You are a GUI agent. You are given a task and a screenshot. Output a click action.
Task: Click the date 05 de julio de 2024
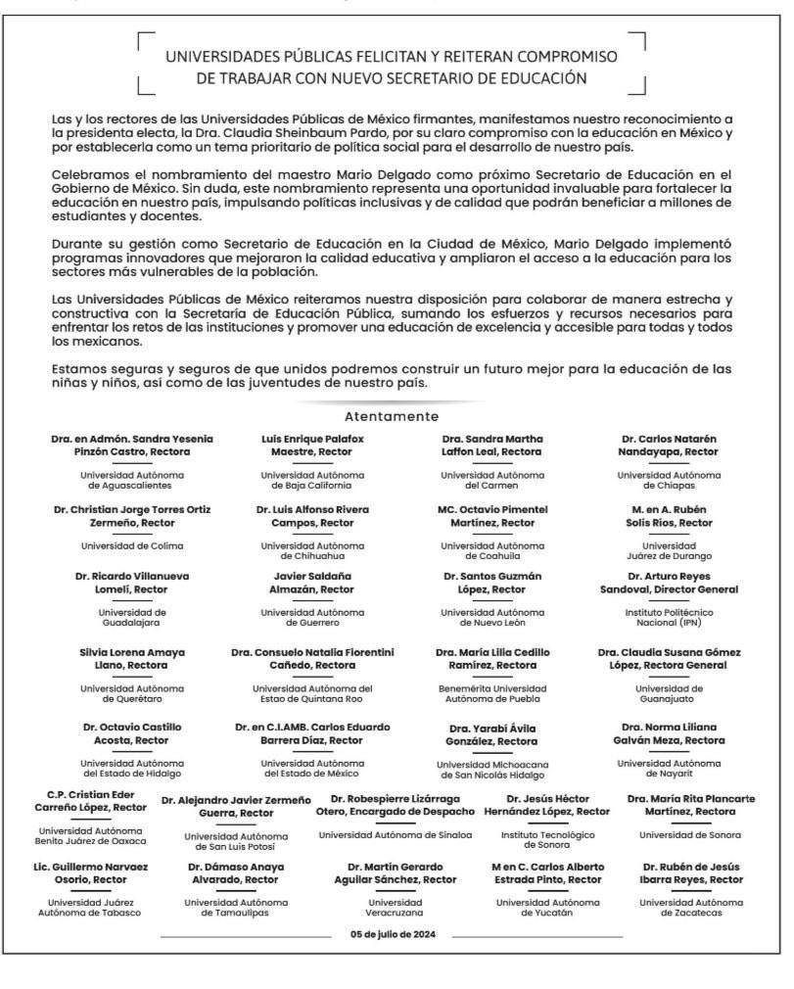click(392, 933)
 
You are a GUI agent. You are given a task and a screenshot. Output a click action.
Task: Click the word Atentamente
click(391, 416)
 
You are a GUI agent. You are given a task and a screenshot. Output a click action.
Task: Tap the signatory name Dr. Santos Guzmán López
click(492, 583)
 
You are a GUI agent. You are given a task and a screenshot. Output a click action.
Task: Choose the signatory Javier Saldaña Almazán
click(311, 583)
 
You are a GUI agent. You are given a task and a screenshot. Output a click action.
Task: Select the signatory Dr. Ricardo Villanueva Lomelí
click(132, 583)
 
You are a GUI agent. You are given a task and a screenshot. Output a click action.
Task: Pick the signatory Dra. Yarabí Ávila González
click(492, 734)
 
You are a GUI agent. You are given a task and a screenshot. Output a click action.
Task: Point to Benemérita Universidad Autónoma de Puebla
click(492, 692)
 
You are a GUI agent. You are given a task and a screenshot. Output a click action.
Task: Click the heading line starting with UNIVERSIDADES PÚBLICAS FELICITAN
click(391, 56)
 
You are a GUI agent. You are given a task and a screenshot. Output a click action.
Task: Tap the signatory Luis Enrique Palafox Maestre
click(311, 445)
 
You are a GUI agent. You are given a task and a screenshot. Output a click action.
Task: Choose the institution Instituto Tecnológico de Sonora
click(553, 839)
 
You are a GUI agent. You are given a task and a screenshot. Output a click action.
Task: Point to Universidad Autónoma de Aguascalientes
click(132, 480)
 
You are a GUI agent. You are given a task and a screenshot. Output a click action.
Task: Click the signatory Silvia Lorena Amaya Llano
click(132, 658)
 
